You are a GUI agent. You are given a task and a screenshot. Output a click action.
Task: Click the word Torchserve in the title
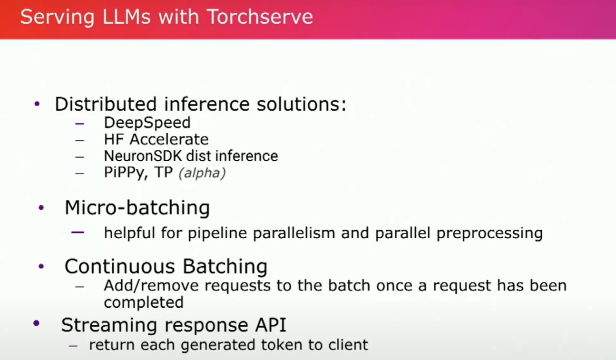pos(260,17)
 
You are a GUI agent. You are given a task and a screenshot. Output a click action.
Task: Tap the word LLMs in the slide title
pos(127,17)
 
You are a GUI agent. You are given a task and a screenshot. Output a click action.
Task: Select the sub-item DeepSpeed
pos(147,123)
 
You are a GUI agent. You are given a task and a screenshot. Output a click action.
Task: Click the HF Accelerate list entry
pos(156,139)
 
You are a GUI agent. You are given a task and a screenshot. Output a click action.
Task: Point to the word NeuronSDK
pos(143,156)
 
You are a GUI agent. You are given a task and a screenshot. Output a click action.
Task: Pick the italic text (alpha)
pos(202,173)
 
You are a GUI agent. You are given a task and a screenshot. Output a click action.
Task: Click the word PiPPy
pos(124,173)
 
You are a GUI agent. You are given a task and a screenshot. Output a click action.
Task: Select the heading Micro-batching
pos(137,207)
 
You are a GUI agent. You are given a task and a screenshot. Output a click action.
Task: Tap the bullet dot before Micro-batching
pos(41,207)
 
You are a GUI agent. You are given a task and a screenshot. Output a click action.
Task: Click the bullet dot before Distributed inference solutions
pos(37,104)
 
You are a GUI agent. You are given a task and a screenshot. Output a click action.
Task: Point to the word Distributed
pos(106,104)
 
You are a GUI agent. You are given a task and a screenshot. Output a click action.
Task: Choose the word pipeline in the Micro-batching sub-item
pos(217,233)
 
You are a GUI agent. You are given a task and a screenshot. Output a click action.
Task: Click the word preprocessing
pos(490,233)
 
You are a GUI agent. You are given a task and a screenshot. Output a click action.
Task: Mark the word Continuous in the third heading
pos(120,266)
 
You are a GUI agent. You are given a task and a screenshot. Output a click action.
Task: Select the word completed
pos(144,302)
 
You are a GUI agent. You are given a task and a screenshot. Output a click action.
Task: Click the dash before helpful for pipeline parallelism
pos(78,233)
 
